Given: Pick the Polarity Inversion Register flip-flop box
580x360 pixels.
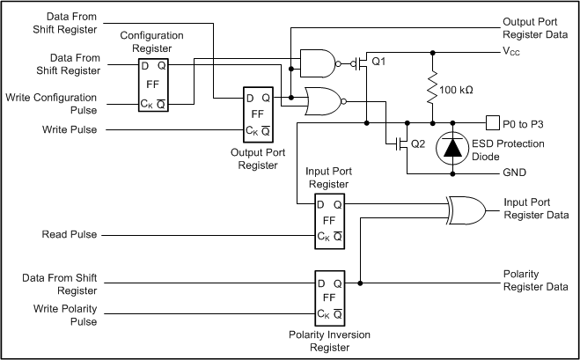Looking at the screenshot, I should pos(330,298).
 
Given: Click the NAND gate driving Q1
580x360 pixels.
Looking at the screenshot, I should pos(318,62).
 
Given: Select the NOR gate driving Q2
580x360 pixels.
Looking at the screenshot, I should pos(323,102).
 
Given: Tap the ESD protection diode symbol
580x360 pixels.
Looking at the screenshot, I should pos(452,145).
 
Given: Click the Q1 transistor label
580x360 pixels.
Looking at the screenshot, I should pos(380,62).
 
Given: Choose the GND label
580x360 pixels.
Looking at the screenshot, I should pos(515,172).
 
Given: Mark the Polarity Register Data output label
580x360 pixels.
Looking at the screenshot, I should pos(535,281).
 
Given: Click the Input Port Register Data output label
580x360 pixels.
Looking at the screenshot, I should pos(535,209).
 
